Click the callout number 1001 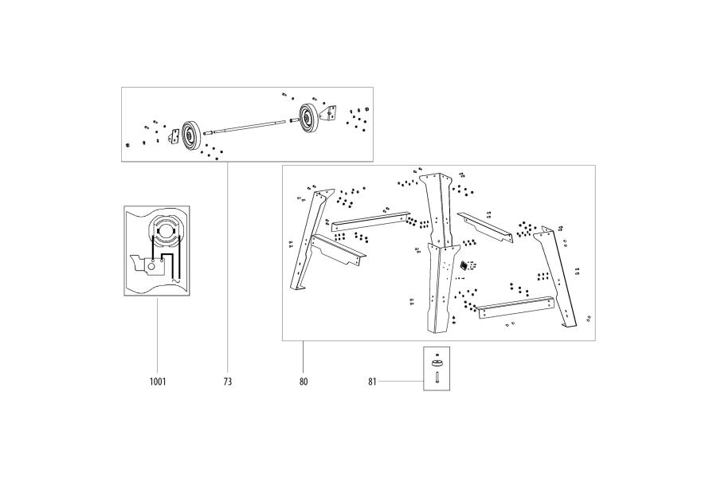[x=157, y=382]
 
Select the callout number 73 [x=227, y=382]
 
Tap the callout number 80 [x=304, y=382]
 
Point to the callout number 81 [x=372, y=382]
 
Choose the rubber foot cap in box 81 [x=437, y=364]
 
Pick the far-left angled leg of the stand [x=311, y=239]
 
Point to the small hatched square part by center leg [x=464, y=264]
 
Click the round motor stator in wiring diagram [x=167, y=231]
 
